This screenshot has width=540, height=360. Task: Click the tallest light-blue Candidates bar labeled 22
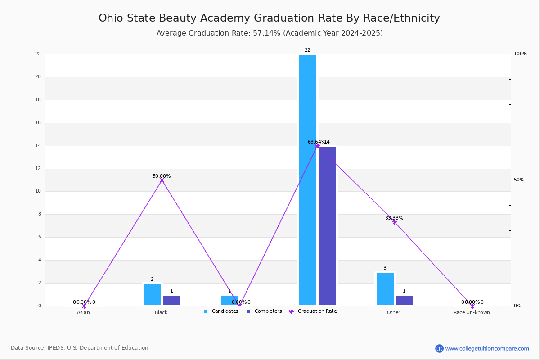coord(308,180)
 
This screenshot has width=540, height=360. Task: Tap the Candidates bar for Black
coord(153,295)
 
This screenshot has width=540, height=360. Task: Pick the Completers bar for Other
coord(405,301)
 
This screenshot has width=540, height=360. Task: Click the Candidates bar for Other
coord(385,289)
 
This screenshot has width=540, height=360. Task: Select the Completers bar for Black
coord(172,301)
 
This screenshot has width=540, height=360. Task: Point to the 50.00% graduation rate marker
coord(162,180)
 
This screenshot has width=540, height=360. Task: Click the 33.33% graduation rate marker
coord(395,222)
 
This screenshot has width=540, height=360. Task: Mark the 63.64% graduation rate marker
coord(317,146)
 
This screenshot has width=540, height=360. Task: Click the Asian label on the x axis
coord(83,312)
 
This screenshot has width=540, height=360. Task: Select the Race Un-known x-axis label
coord(472,312)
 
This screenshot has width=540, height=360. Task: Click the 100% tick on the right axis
coord(521,54)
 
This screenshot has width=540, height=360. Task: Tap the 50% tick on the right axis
coord(519,180)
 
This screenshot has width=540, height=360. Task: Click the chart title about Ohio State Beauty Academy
coord(269,18)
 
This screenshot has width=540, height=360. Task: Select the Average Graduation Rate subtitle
coord(270,33)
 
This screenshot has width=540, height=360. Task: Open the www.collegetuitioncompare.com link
coord(487,348)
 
